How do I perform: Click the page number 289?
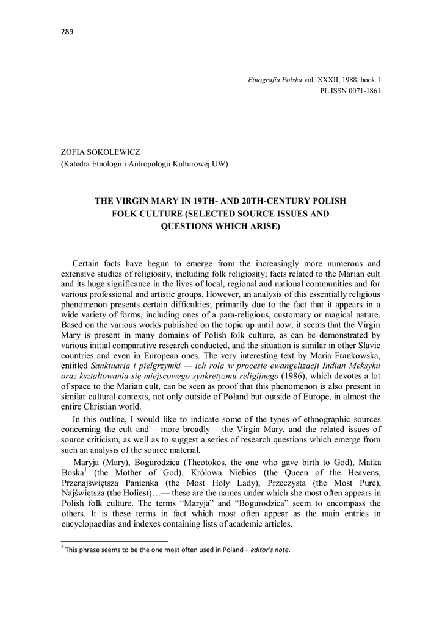point(67,32)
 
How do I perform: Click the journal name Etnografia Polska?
point(275,80)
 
